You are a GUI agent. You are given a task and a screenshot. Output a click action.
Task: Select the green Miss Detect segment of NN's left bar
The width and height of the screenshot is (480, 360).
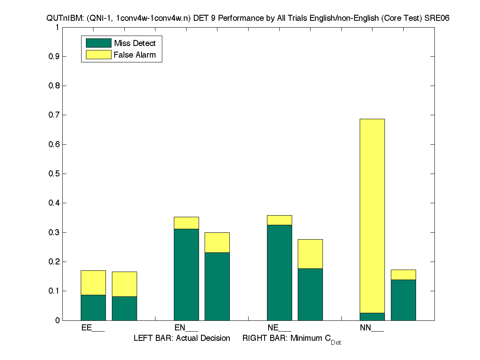coord(372,316)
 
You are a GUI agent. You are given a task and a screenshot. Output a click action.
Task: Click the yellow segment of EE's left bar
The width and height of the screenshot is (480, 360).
coord(93,283)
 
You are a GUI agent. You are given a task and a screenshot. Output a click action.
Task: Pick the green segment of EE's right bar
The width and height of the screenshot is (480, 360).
coord(124,308)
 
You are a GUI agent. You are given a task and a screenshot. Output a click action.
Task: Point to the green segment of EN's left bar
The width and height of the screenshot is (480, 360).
coord(186,274)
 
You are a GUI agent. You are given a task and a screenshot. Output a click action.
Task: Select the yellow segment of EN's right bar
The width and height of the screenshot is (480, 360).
coord(217,242)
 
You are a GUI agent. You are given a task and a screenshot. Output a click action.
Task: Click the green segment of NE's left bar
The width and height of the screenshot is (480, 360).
coord(279,272)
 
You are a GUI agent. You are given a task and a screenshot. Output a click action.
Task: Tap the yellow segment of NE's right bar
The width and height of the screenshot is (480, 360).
coord(310,254)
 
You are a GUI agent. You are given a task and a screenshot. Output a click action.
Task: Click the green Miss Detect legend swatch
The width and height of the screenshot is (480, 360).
coord(98,43)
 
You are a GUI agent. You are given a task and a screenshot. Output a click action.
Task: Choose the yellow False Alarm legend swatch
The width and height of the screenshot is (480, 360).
coord(98,55)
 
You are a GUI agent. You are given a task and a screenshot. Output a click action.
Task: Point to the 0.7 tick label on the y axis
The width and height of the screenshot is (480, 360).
coord(54,115)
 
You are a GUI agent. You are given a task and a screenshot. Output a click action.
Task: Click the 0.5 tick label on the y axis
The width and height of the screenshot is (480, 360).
coord(54,174)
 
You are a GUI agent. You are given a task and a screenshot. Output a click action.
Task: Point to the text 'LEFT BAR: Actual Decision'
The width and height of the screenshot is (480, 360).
coord(182,338)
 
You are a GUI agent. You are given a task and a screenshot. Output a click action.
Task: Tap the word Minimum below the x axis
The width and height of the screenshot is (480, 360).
coord(307,338)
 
